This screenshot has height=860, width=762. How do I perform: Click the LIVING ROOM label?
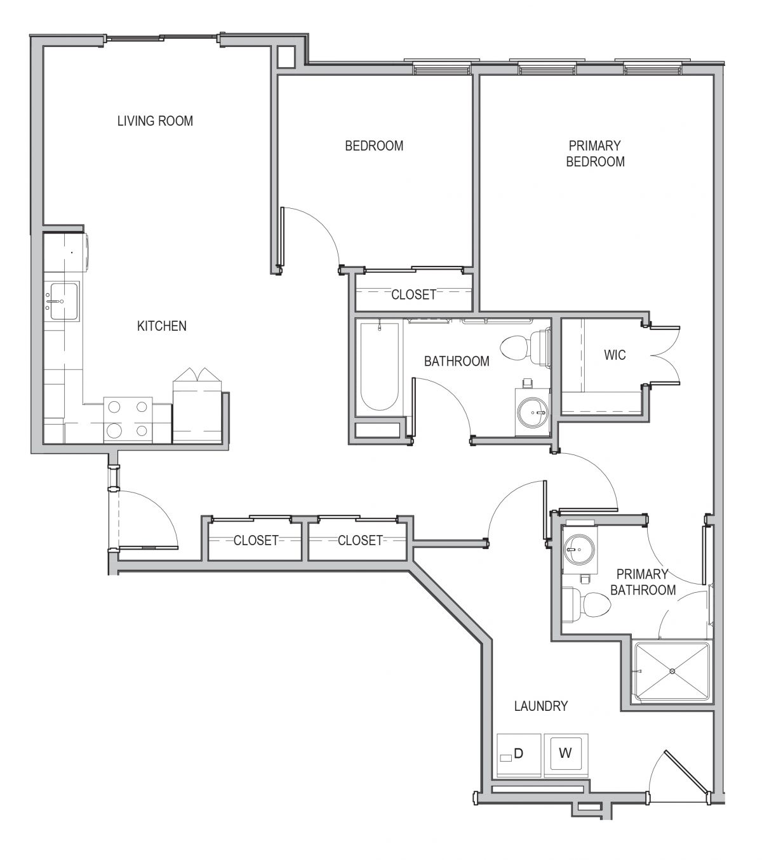(155, 121)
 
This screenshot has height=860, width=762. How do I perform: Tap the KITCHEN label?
(162, 326)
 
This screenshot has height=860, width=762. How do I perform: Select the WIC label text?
(615, 355)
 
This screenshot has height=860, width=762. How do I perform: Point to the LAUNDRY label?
(541, 706)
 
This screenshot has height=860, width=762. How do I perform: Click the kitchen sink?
(63, 301)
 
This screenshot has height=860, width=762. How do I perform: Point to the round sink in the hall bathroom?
(532, 411)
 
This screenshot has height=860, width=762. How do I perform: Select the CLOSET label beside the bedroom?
(413, 294)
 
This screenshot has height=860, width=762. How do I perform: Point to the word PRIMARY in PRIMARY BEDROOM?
(594, 145)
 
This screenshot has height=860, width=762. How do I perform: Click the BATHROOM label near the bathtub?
(457, 361)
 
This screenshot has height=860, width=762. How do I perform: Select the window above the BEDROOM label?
(442, 68)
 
